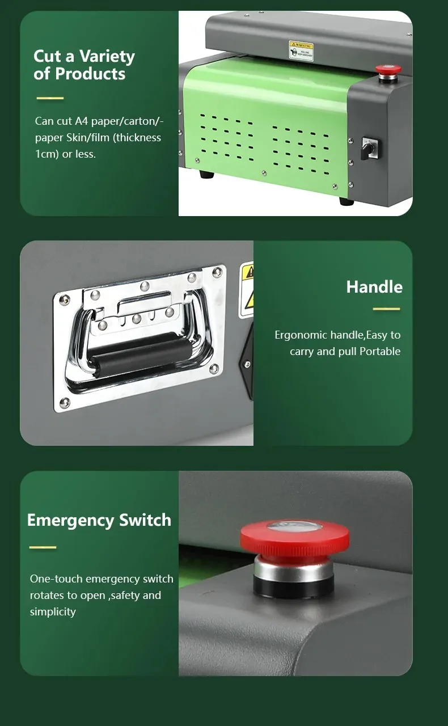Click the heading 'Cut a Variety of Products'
[x=84, y=65]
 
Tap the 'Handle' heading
[x=374, y=286]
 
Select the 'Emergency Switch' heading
[x=99, y=520]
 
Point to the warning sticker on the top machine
[x=301, y=49]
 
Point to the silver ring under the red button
[x=294, y=568]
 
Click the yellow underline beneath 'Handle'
[x=386, y=309]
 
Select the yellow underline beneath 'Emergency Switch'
[x=43, y=547]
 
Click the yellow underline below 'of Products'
[x=50, y=98]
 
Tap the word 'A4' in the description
[x=82, y=121]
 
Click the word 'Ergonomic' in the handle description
[x=298, y=335]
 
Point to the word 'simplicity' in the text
[x=53, y=611]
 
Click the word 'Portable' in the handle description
[x=380, y=351]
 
